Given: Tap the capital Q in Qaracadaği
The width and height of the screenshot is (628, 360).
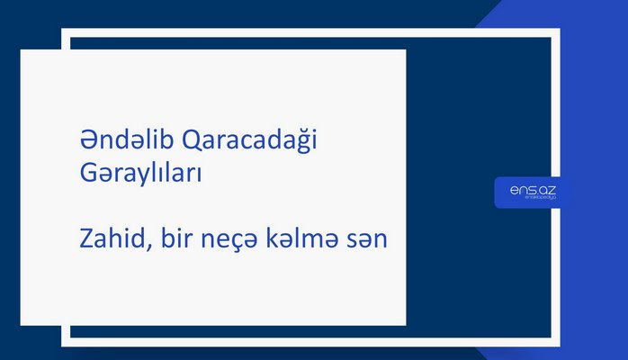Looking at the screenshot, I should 192,142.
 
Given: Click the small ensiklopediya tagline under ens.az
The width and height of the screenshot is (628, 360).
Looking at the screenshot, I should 533,200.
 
